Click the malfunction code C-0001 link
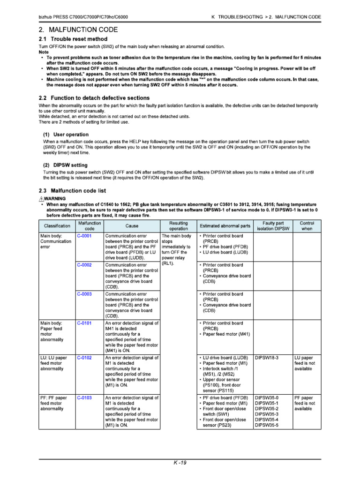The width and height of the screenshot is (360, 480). coord(84,236)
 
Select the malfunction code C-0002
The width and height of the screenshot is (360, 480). coord(84,265)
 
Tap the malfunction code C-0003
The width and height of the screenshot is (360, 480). coord(84,294)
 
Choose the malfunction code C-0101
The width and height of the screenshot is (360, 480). coord(84,323)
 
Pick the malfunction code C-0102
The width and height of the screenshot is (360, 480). coord(84,358)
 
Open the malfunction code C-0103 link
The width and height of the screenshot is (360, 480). coord(84,397)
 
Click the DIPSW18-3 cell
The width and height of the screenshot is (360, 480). coord(266,358)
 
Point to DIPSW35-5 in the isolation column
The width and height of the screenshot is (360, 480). coord(266,425)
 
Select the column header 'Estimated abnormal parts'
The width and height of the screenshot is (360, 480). coord(225,226)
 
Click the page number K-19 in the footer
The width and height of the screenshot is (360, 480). coord(180,463)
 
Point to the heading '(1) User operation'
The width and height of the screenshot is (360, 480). coord(66,135)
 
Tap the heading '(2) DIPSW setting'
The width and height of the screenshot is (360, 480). coord(65,165)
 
